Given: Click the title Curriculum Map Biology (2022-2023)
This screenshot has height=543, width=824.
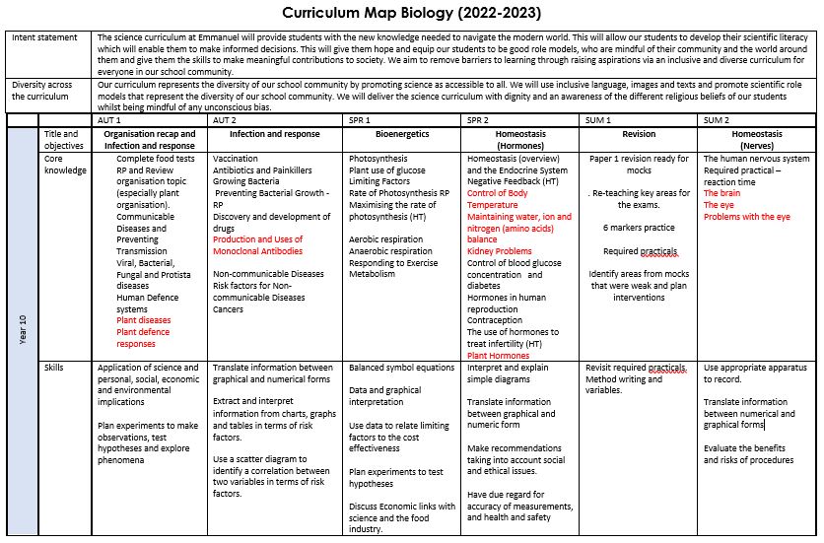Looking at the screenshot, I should click(x=411, y=13).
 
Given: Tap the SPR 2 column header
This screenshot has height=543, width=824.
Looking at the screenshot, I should click(x=480, y=119).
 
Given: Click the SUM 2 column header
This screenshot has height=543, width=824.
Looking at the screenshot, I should click(x=717, y=119).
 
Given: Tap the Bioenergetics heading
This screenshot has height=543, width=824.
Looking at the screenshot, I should click(x=402, y=133).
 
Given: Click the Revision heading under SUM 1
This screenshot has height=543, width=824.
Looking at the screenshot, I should click(x=640, y=133).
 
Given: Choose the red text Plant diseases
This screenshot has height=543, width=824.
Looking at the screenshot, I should click(x=143, y=320).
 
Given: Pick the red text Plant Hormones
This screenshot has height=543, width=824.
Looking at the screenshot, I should click(x=498, y=356).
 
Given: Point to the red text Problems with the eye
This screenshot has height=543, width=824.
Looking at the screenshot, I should click(x=747, y=216).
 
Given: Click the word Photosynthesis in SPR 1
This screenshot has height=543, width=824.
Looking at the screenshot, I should click(x=380, y=158).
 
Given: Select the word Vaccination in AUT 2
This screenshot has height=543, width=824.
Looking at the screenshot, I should click(x=237, y=158).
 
